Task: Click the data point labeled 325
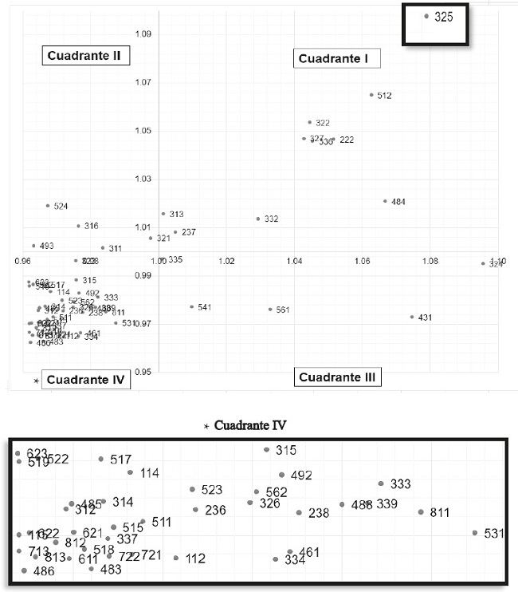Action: coord(427,16)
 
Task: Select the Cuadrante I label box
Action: coord(339,58)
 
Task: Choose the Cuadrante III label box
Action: coord(336,377)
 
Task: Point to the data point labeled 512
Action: coord(371,95)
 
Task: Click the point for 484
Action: coord(385,201)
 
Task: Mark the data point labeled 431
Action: coord(412,317)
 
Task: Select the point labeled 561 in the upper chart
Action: coord(270,310)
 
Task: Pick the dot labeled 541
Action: coord(192,306)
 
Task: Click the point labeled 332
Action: coord(258,219)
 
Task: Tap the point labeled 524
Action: coord(48,206)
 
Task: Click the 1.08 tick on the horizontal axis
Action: coord(430,261)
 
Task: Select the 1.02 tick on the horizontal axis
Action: coord(226,261)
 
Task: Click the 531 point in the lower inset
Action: coord(475,532)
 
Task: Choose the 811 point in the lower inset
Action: coord(421,512)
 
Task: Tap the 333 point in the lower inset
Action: coord(381,483)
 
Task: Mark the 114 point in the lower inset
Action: coord(131,472)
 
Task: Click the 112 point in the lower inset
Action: coord(176,558)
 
